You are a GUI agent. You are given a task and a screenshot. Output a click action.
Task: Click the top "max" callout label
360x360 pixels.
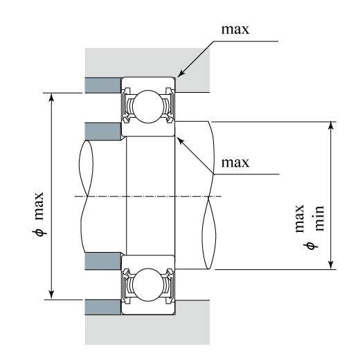click(x=235, y=30)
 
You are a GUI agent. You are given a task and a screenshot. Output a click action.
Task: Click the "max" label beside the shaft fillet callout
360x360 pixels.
click(x=235, y=163)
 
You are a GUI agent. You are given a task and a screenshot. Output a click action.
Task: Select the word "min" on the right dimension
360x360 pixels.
click(x=320, y=218)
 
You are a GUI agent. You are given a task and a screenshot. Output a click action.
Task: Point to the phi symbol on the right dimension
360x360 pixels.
click(x=311, y=246)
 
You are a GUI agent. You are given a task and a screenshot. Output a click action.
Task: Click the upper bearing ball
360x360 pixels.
click(x=148, y=107)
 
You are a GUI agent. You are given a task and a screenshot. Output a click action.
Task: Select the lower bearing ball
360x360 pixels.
click(x=148, y=285)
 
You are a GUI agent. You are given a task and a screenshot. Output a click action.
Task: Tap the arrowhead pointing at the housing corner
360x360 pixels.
click(x=181, y=73)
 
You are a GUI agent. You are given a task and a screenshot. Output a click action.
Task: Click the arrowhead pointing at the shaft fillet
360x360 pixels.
click(x=181, y=141)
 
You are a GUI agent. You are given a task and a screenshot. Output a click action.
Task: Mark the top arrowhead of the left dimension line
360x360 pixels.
click(x=51, y=98)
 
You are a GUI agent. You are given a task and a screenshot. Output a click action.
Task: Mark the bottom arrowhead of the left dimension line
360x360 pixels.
click(x=51, y=295)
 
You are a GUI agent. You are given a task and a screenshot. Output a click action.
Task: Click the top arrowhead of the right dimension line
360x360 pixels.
click(x=331, y=126)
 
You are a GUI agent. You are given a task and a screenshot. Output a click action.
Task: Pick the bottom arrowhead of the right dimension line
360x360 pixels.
click(x=331, y=264)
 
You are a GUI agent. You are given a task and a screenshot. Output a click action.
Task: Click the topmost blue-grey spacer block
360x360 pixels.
click(x=103, y=85)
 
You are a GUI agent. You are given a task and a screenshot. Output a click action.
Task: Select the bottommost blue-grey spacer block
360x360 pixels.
click(x=103, y=307)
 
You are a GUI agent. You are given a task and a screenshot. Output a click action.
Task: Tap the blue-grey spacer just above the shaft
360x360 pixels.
click(x=103, y=132)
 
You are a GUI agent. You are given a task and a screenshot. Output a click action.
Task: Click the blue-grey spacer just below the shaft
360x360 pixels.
click(x=103, y=261)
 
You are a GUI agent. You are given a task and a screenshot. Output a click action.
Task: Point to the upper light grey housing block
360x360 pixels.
click(x=147, y=62)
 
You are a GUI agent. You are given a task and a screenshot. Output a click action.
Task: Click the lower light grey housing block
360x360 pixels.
click(x=147, y=330)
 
